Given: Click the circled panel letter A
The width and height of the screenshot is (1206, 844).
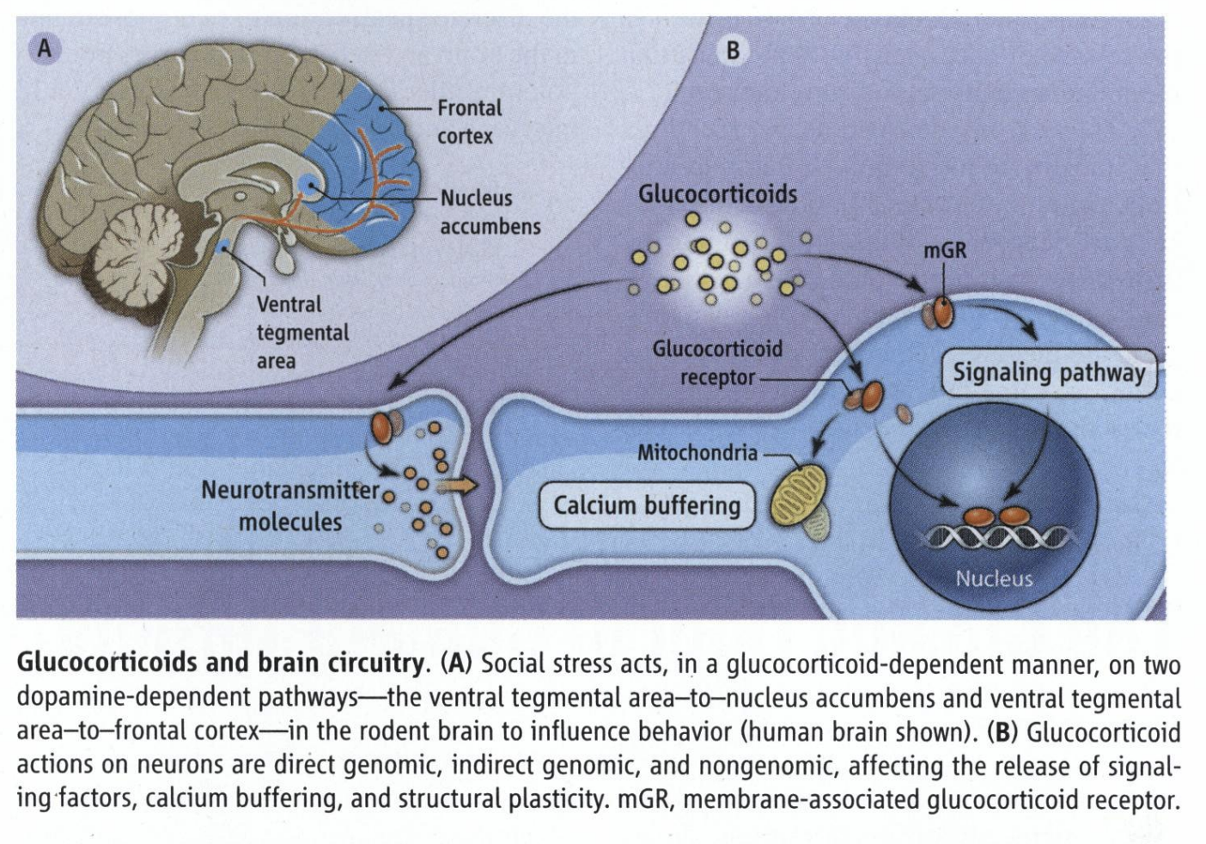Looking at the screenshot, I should pyautogui.click(x=44, y=49).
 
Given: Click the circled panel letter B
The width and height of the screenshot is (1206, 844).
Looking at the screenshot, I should pyautogui.click(x=733, y=51).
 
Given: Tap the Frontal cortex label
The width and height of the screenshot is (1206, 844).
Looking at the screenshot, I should pyautogui.click(x=468, y=121).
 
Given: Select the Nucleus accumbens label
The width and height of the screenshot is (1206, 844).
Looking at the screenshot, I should pyautogui.click(x=490, y=211).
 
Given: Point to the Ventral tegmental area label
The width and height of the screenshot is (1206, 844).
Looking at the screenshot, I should pyautogui.click(x=302, y=332).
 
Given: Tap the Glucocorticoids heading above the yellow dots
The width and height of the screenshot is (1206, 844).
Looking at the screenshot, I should pyautogui.click(x=717, y=194).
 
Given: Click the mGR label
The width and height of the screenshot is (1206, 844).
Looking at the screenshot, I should pyautogui.click(x=945, y=250).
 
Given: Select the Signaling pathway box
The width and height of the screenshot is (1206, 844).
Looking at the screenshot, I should pyautogui.click(x=1049, y=373).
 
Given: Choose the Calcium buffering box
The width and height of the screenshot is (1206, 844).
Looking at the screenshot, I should pyautogui.click(x=646, y=505).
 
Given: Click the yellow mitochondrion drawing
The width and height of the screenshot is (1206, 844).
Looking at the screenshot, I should pyautogui.click(x=796, y=497).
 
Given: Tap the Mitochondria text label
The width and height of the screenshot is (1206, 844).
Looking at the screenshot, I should pyautogui.click(x=697, y=453).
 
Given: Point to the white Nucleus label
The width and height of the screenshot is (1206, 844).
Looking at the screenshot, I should pyautogui.click(x=994, y=578).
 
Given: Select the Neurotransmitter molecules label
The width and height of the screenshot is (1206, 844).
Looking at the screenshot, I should pyautogui.click(x=290, y=505).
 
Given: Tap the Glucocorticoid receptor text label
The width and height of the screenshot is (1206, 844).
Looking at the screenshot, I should pyautogui.click(x=717, y=363).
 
